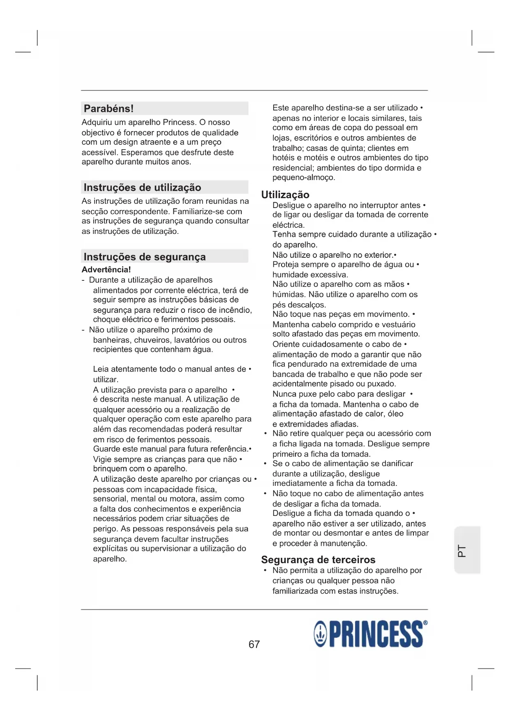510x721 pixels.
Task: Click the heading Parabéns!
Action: coord(109,109)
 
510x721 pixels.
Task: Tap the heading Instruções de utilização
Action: coord(142,187)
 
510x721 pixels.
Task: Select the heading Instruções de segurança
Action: coord(145,257)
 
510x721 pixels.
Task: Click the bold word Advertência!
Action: coord(106,270)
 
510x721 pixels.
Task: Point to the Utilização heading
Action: coord(285,195)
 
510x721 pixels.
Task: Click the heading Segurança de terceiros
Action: coord(318,559)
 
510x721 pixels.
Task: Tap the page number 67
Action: coord(254,644)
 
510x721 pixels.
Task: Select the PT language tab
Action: coord(462,551)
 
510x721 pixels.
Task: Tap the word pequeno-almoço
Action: coord(304,178)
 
